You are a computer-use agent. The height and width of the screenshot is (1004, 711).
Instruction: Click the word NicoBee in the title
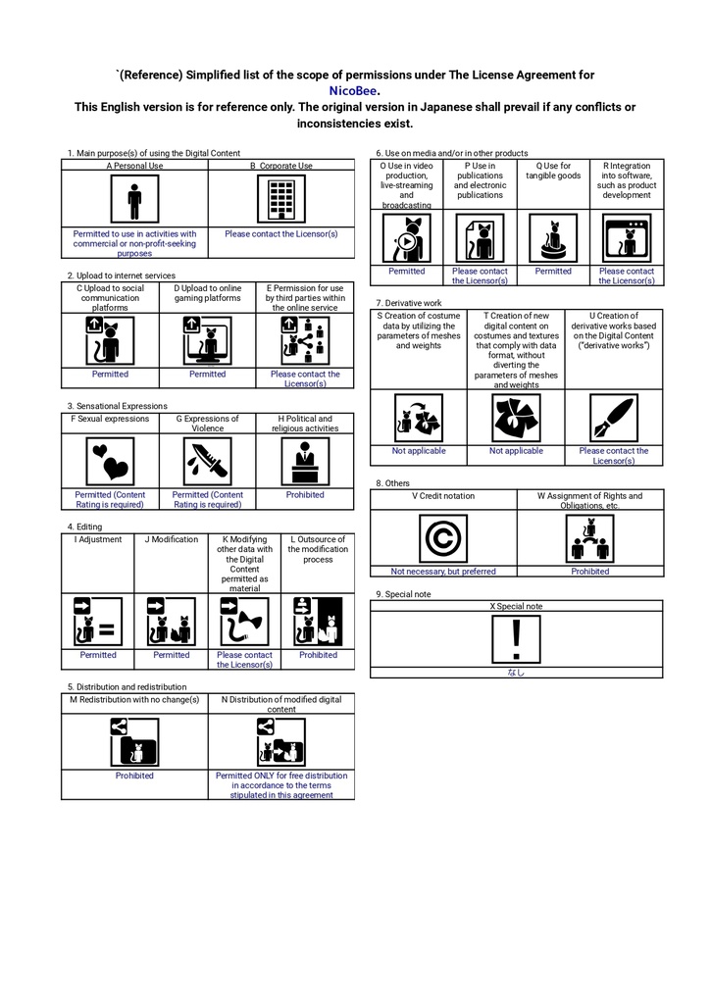coord(353,91)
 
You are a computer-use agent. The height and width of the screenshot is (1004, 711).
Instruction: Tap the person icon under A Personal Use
coord(134,199)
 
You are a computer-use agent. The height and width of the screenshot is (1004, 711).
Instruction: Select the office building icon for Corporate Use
coord(281,199)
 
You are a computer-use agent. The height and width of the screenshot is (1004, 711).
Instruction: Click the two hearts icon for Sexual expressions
coord(110,461)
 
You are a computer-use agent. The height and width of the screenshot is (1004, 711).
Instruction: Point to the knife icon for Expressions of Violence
coord(208,461)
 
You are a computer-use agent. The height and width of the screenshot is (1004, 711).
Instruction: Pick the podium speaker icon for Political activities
coord(305,461)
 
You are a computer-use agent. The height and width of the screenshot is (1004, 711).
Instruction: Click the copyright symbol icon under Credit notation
coord(443,538)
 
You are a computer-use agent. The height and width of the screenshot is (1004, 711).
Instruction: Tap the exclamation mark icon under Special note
coord(516,639)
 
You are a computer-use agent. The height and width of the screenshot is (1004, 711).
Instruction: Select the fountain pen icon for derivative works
coord(614,418)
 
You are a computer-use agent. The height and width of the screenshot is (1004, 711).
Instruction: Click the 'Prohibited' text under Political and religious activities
coord(305,495)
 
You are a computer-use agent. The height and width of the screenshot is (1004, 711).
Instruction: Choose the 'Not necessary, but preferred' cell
coord(443,572)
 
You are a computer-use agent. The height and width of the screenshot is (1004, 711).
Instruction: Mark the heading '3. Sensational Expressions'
coord(118,406)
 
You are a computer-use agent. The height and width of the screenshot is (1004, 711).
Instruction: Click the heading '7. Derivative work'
coord(409,303)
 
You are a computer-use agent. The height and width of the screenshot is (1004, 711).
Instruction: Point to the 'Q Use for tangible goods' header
coord(553,171)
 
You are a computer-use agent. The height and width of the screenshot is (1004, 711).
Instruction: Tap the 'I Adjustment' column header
coord(98,539)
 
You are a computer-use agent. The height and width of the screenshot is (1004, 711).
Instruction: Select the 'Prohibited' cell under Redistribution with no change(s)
coord(134,776)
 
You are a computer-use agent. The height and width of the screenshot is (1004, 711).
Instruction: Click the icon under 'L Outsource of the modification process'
coord(318,621)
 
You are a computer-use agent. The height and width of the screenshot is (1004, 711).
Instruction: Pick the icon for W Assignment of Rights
coord(590,538)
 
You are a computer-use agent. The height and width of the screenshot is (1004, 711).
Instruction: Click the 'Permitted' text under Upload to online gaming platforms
coord(208,374)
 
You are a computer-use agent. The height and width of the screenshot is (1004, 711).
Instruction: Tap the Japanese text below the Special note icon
coord(516,673)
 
